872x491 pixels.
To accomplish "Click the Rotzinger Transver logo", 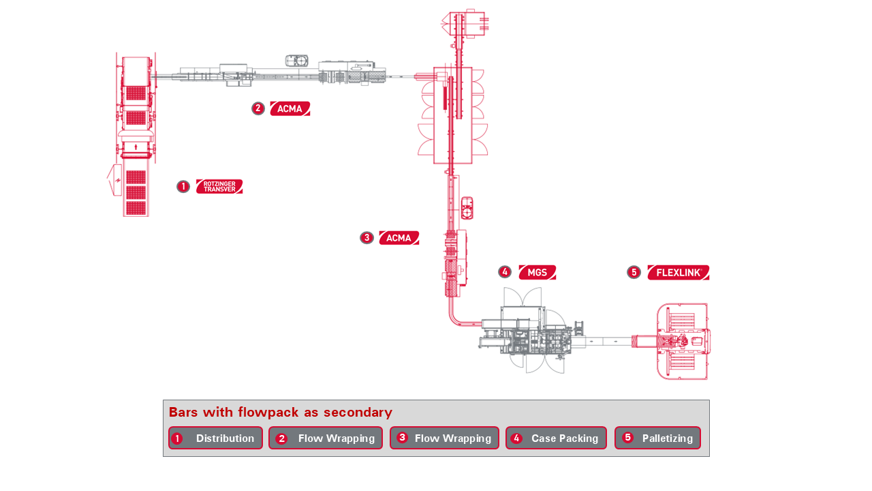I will (x=219, y=186).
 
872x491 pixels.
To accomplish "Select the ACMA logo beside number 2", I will (x=290, y=108).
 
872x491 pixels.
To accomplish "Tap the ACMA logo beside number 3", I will (x=399, y=238).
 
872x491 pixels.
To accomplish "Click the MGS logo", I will (x=538, y=272).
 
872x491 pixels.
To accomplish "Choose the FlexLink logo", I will (x=679, y=272).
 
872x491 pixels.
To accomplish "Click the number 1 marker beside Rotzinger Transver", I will (x=183, y=186).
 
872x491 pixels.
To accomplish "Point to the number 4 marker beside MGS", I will (x=505, y=272).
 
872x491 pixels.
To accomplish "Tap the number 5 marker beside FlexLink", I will (x=634, y=272).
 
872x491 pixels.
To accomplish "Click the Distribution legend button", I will (x=215, y=438).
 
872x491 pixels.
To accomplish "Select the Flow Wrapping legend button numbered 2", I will (x=326, y=438).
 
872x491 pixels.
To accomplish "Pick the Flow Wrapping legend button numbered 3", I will (x=444, y=438).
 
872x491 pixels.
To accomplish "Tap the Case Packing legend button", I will (x=556, y=438).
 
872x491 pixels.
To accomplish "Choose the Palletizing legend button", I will (x=657, y=438).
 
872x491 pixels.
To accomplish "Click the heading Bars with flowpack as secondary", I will (x=281, y=412).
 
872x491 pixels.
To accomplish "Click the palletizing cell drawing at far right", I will (x=683, y=341).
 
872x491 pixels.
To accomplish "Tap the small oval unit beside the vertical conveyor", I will (x=467, y=208).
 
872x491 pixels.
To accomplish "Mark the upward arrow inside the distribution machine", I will (x=136, y=146).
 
